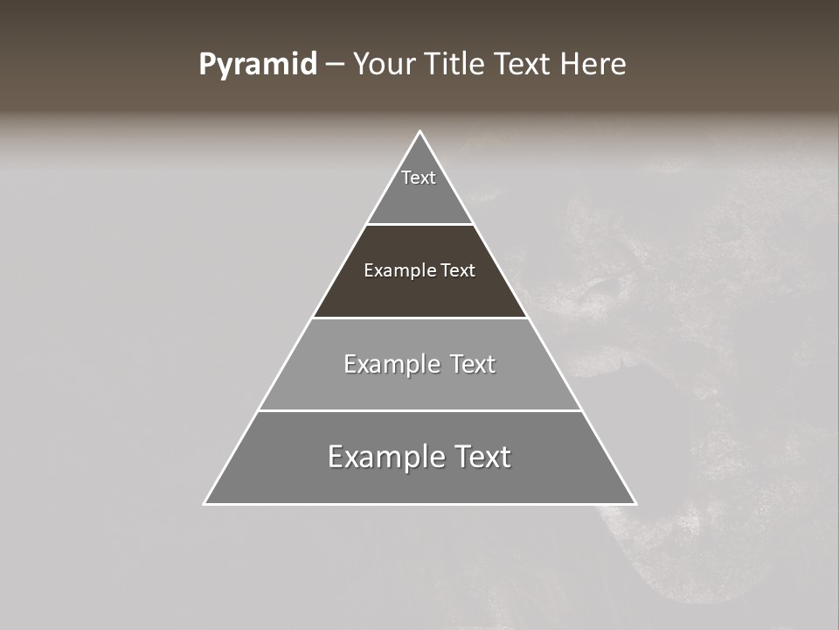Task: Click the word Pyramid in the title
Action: click(x=257, y=65)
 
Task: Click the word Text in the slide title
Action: click(x=523, y=65)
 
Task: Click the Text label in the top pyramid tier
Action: click(x=419, y=178)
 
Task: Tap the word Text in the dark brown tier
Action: click(x=458, y=270)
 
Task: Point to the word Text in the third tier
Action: click(x=473, y=364)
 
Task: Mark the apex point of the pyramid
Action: click(x=419, y=132)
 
